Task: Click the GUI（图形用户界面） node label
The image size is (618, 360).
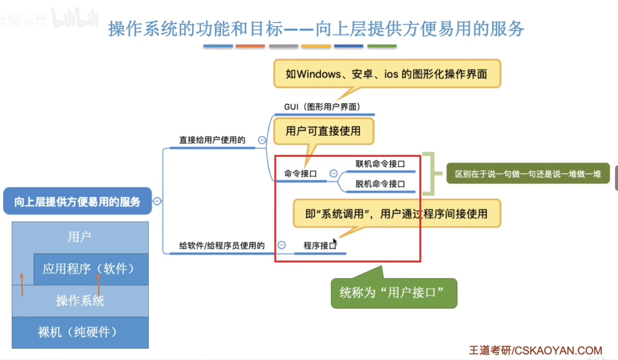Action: pyautogui.click(x=322, y=107)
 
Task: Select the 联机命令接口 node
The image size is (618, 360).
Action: pyautogui.click(x=380, y=164)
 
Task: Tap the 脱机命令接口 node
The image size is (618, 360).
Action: pyautogui.click(x=380, y=184)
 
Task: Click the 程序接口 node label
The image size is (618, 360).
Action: pyautogui.click(x=319, y=246)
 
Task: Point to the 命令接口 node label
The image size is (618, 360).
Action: pyautogui.click(x=300, y=173)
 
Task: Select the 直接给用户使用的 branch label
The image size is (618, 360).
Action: pyautogui.click(x=212, y=140)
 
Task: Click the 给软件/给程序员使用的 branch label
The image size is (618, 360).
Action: pyautogui.click(x=222, y=246)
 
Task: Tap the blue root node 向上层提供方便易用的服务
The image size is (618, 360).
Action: pyautogui.click(x=77, y=201)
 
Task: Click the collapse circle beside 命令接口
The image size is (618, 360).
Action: pyautogui.click(x=333, y=173)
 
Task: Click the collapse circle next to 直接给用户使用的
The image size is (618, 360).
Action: pyautogui.click(x=262, y=140)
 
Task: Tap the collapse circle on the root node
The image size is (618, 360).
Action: pyautogui.click(x=157, y=201)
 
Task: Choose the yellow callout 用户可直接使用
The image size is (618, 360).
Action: pyautogui.click(x=323, y=131)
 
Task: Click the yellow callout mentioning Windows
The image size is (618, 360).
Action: pyautogui.click(x=387, y=74)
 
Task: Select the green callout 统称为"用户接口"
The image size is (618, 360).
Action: pyautogui.click(x=394, y=293)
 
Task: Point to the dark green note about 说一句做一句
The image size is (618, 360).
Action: pyautogui.click(x=528, y=174)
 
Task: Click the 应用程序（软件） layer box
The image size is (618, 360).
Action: pyautogui.click(x=91, y=269)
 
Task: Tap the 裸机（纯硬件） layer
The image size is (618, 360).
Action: pyautogui.click(x=80, y=332)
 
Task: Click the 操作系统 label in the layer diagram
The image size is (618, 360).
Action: pyautogui.click(x=80, y=301)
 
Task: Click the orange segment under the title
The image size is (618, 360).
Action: pyautogui.click(x=250, y=46)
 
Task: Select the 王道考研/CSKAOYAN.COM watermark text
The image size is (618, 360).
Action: pyautogui.click(x=535, y=351)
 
